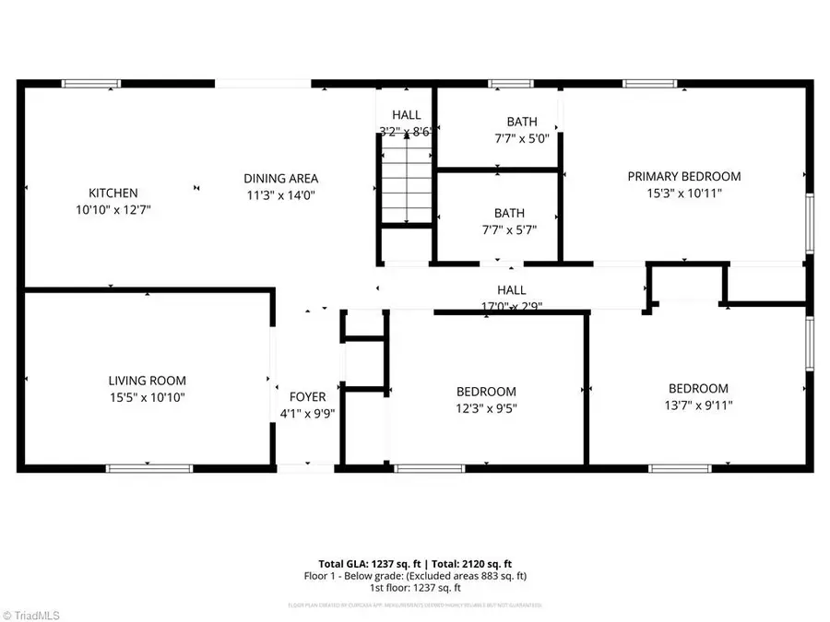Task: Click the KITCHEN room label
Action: [x=113, y=193]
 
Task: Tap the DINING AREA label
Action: [x=281, y=178]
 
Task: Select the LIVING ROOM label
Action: [x=148, y=381]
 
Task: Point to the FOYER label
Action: [x=306, y=398]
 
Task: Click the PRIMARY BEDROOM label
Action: [x=684, y=176]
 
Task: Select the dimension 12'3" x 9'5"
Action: [x=485, y=407]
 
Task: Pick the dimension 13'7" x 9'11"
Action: [x=698, y=405]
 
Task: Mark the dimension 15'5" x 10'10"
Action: [x=148, y=397]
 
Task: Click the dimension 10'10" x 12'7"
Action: [x=113, y=209]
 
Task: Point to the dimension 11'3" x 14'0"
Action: [x=281, y=194]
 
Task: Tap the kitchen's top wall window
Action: [x=91, y=84]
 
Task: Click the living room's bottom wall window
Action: [x=149, y=468]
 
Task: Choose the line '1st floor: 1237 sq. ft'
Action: [x=415, y=588]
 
